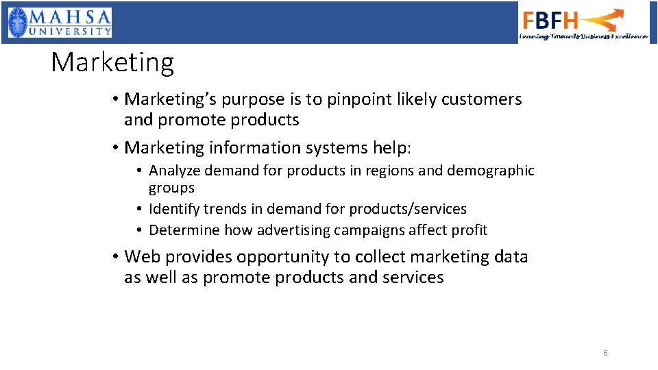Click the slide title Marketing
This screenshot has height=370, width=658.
tap(112, 63)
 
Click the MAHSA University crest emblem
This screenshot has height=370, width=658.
tap(19, 23)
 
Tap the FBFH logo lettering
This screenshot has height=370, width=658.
tap(550, 20)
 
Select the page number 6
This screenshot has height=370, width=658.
tap(605, 353)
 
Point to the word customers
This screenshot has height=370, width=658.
tap(482, 99)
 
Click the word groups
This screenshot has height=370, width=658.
tap(171, 188)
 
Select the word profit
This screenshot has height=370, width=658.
tap(469, 230)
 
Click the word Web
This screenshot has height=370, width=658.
tap(141, 257)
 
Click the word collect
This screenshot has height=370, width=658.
tap(377, 257)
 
